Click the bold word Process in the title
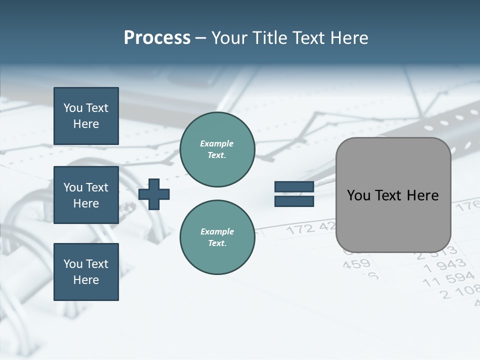click(x=157, y=38)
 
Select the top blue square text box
click(x=86, y=116)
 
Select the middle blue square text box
click(x=86, y=195)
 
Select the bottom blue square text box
click(x=86, y=271)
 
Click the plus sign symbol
click(x=154, y=194)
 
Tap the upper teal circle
click(x=217, y=149)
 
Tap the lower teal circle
click(x=217, y=237)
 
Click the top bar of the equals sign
click(x=294, y=187)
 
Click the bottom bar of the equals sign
click(x=294, y=201)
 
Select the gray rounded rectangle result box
click(x=393, y=195)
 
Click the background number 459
click(x=357, y=263)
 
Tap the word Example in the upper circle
click(x=217, y=143)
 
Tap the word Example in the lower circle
click(x=217, y=231)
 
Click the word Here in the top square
click(x=86, y=124)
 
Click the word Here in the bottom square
click(x=86, y=280)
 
